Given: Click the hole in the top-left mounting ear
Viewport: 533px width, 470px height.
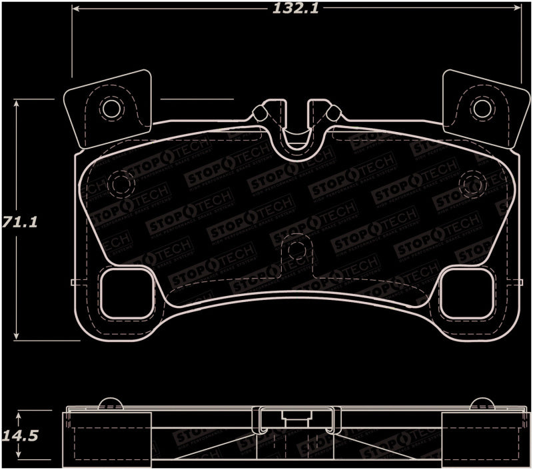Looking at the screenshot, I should [110, 109].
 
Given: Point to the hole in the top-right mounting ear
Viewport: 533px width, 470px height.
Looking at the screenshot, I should [480, 109].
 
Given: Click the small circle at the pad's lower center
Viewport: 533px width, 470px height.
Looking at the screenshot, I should [297, 251].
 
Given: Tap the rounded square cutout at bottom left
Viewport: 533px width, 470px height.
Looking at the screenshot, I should [125, 293].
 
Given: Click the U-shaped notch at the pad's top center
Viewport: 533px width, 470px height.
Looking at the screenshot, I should [297, 133].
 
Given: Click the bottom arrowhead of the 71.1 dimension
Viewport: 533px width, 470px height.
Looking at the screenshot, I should [18, 336].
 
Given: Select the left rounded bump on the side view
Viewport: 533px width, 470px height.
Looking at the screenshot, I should [109, 403].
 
